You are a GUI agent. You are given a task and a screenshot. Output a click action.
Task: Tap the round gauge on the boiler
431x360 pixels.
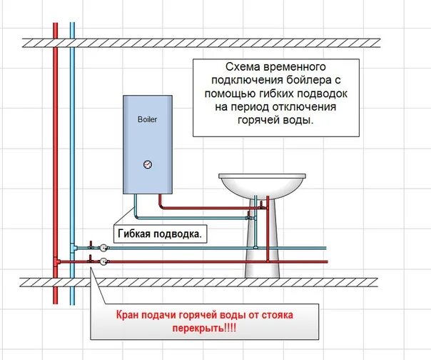pyautogui.click(x=147, y=164)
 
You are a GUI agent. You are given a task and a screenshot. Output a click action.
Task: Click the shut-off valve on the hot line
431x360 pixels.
pyautogui.click(x=91, y=261)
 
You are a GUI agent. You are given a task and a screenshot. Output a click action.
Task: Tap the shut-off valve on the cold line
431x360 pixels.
pyautogui.click(x=91, y=246)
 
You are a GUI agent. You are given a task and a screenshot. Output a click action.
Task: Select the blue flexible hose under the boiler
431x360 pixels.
pyautogui.click(x=186, y=218)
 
